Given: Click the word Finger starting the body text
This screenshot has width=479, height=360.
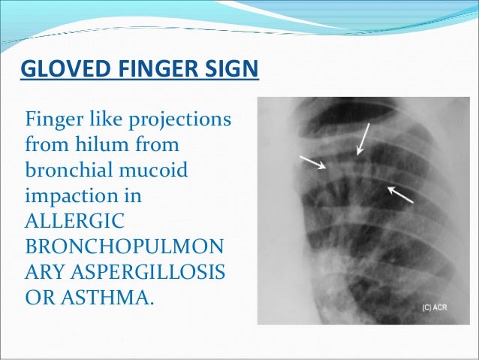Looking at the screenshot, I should coord(51,121).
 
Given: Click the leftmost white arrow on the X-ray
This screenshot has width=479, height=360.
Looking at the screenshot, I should coord(312,162).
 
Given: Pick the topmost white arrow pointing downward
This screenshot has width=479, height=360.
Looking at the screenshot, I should coord(363,140).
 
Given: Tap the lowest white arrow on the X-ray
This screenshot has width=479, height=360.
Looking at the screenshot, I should coord(400,194).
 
